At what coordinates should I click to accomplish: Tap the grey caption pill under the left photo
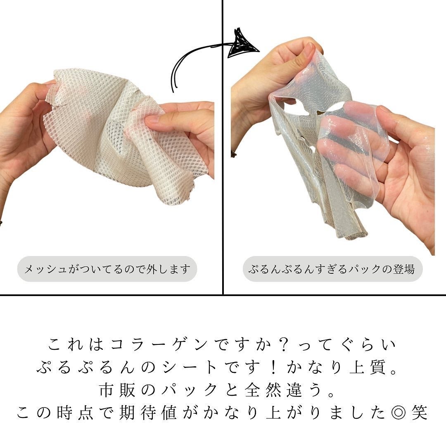tap(107, 270)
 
